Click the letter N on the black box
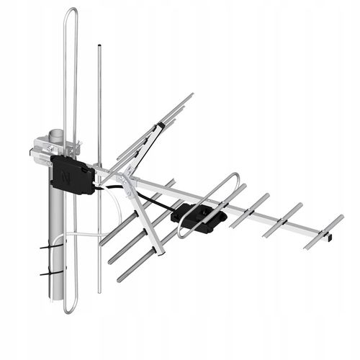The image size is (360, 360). click(67, 175)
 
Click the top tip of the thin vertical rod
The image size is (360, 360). click(99, 48)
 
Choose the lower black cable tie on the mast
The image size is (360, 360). click(52, 273)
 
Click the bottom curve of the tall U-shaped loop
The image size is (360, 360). click(70, 310)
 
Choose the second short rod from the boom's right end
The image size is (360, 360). click(283, 220)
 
